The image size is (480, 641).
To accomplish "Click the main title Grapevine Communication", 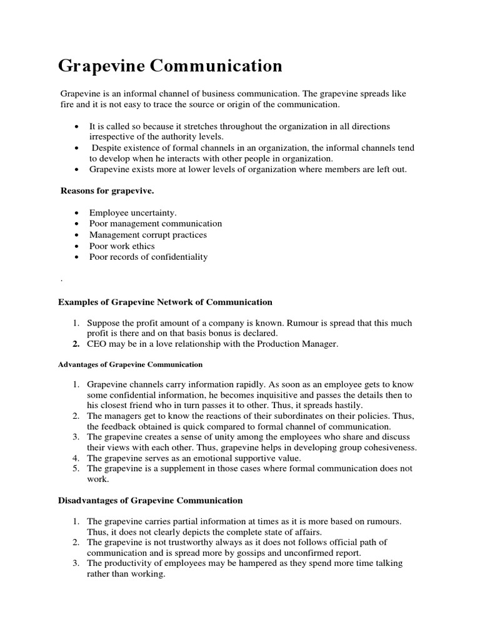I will click(x=170, y=66).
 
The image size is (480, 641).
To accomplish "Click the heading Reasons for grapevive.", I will click(x=106, y=190).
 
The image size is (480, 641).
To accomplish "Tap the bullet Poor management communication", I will click(x=155, y=223).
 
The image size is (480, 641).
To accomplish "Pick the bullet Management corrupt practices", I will click(x=147, y=235).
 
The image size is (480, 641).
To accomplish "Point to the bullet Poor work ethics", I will click(x=122, y=246).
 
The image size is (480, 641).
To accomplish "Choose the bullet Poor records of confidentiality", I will click(x=148, y=257).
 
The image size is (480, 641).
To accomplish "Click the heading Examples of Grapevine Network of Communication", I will click(x=165, y=302).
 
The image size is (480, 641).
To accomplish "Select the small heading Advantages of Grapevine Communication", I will click(x=130, y=364).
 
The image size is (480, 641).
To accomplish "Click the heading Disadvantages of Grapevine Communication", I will click(x=150, y=500).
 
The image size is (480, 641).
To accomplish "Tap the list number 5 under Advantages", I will click(x=75, y=468).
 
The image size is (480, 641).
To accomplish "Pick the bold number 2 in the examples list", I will click(x=75, y=344).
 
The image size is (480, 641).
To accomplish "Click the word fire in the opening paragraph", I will click(x=67, y=104).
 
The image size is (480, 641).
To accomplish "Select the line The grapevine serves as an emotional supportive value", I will click(x=194, y=458).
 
